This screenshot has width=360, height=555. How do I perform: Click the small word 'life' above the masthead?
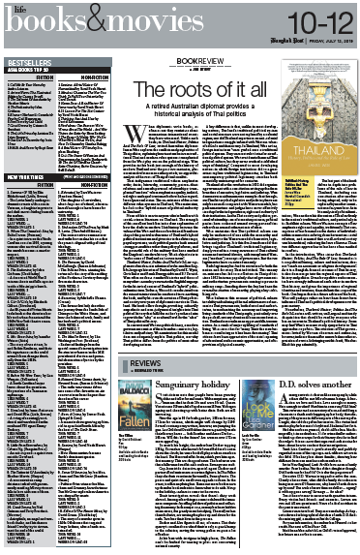[x=13, y=7]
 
